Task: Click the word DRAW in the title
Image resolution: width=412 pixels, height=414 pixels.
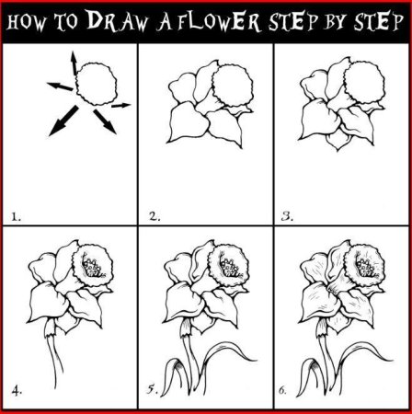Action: point(117,21)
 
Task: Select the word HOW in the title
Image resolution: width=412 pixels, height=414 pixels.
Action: point(26,22)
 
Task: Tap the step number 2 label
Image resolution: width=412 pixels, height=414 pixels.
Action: point(154,216)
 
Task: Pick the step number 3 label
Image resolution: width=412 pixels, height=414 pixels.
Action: point(287,216)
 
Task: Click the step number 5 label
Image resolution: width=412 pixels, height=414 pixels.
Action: point(152,390)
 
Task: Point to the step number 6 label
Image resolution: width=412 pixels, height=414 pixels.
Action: point(282,390)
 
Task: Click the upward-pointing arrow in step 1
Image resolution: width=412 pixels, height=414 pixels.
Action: point(74,63)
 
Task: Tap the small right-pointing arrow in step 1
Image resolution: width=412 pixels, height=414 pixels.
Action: point(120,106)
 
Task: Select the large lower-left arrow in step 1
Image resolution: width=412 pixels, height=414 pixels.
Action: point(63,121)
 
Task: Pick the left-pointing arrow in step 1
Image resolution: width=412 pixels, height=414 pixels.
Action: point(60,86)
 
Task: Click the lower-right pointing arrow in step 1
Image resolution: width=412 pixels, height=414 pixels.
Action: point(105,121)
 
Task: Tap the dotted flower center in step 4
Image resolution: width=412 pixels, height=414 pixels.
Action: point(92,268)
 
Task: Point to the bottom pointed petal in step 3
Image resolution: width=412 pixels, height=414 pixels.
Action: point(338,141)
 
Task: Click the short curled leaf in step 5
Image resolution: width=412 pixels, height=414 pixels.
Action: point(173,375)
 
